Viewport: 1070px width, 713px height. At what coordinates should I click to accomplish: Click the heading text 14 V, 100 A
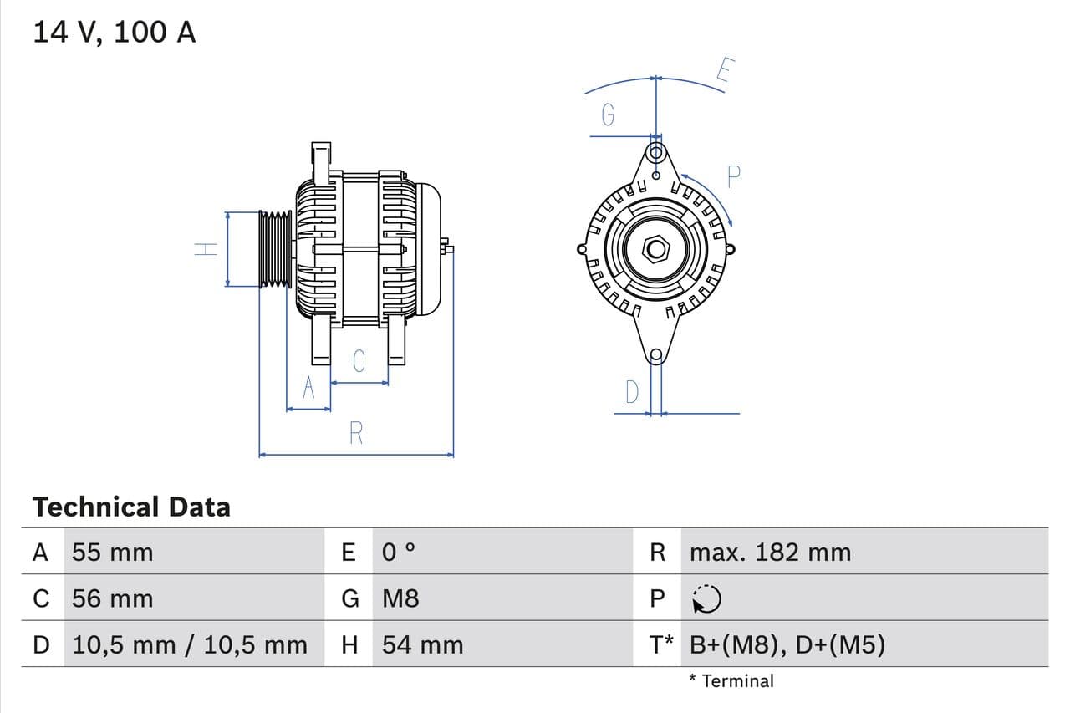115,33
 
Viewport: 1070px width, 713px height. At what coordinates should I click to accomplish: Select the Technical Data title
131,507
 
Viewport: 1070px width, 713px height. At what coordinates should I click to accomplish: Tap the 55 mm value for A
113,553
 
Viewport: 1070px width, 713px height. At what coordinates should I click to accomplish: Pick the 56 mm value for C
113,598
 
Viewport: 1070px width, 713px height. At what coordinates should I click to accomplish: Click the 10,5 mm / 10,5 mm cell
190,644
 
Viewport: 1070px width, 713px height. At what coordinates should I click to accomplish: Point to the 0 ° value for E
399,553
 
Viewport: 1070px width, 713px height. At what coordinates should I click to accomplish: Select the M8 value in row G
400,598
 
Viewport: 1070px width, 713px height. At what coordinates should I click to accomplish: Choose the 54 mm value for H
422,644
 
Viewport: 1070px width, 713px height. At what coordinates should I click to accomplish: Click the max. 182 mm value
770,553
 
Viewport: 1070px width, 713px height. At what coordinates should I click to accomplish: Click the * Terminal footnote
731,680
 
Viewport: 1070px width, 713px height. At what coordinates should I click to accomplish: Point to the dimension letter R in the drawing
356,433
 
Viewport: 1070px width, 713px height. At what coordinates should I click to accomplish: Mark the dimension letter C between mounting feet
359,361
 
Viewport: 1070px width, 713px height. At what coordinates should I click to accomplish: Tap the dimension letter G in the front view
609,115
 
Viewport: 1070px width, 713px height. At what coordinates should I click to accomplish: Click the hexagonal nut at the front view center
656,249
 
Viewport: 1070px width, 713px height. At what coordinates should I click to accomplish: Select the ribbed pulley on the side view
275,249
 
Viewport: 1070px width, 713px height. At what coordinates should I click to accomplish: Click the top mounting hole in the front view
656,153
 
